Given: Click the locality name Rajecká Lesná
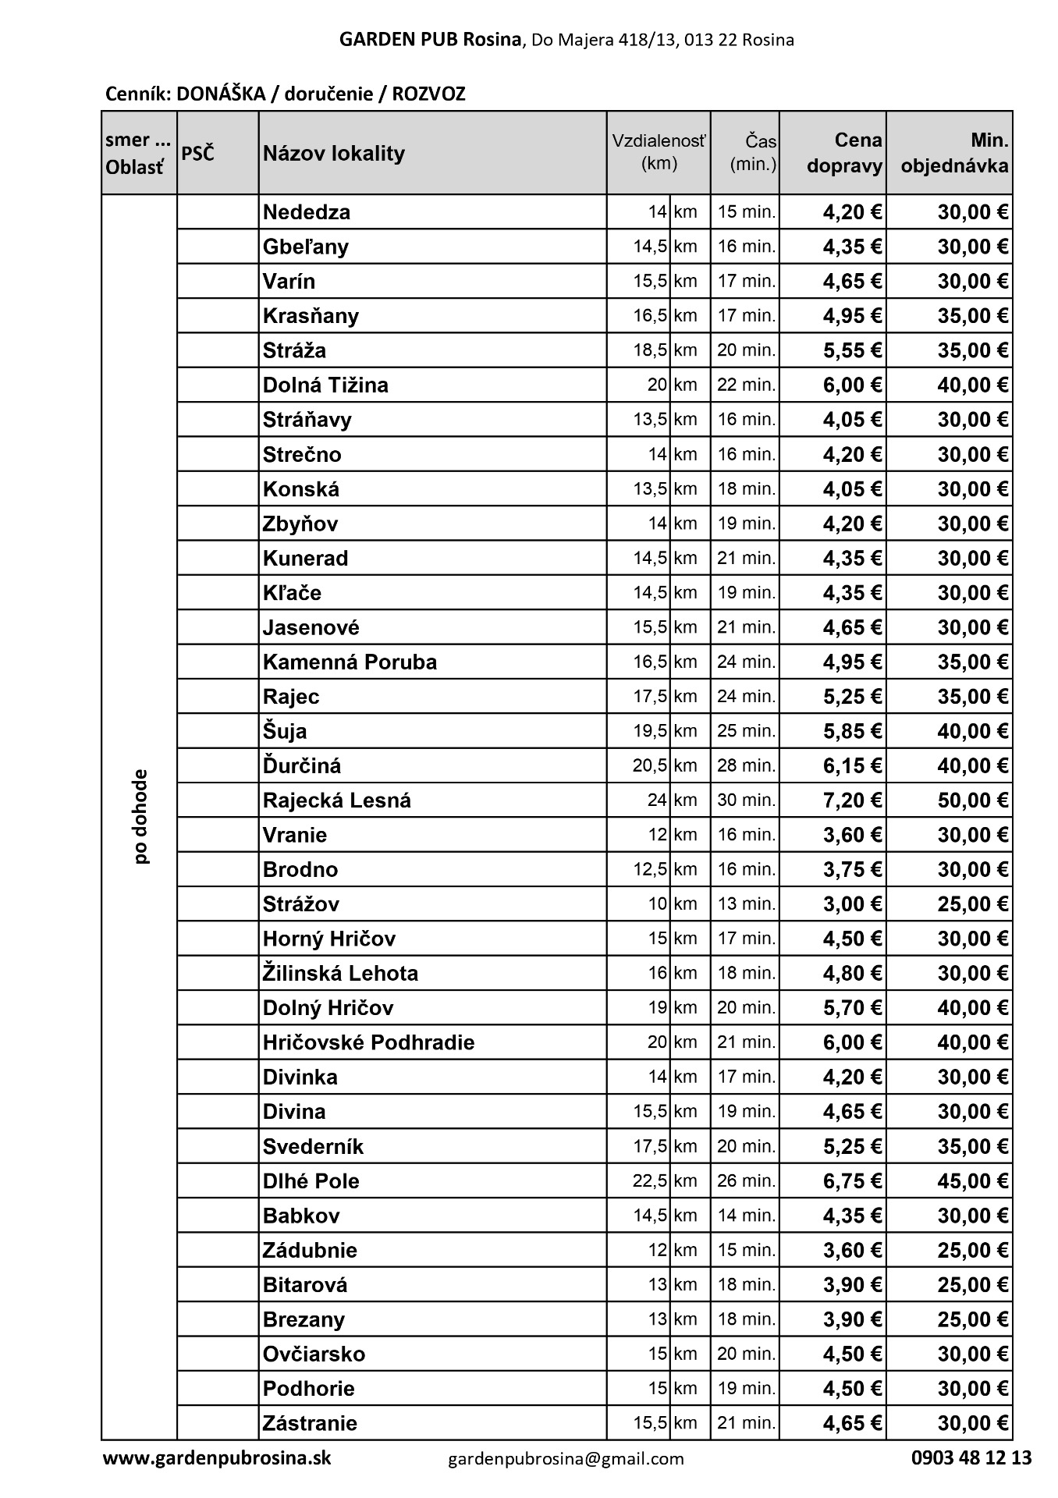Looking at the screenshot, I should pyautogui.click(x=336, y=800).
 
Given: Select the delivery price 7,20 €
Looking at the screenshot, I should pyautogui.click(x=852, y=800).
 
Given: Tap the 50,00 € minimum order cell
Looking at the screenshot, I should pyautogui.click(x=972, y=800).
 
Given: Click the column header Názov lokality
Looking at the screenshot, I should pyautogui.click(x=334, y=153).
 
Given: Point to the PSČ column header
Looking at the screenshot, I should pyautogui.click(x=197, y=153).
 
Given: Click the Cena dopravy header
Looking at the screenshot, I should pyautogui.click(x=845, y=153).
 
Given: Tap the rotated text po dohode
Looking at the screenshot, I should pyautogui.click(x=140, y=817).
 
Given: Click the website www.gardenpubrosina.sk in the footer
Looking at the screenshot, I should pyautogui.click(x=217, y=1457).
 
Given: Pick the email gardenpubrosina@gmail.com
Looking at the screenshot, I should pyautogui.click(x=566, y=1458).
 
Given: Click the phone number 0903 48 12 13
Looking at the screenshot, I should pyautogui.click(x=971, y=1457).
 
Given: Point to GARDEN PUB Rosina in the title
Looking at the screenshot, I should pyautogui.click(x=430, y=40).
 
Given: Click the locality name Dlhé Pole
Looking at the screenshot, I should pyautogui.click(x=311, y=1181).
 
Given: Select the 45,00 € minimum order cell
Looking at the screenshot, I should pyautogui.click(x=972, y=1181).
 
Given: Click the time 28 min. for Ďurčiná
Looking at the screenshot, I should pyautogui.click(x=747, y=765).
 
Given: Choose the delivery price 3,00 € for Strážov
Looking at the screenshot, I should pyautogui.click(x=852, y=904).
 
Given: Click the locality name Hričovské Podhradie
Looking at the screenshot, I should pyautogui.click(x=368, y=1042).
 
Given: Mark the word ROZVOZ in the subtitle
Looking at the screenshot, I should pyautogui.click(x=428, y=94).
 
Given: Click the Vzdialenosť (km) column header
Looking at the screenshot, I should pyautogui.click(x=659, y=153).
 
